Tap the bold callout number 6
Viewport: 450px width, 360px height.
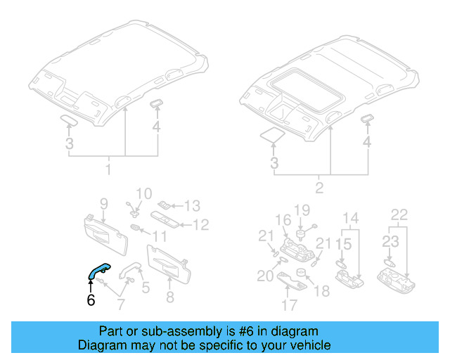(x=90, y=300)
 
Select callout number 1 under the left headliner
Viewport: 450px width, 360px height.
(x=108, y=170)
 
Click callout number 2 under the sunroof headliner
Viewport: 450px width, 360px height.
(x=320, y=187)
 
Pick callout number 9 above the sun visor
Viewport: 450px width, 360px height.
(x=103, y=204)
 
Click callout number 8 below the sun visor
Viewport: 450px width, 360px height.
(x=169, y=297)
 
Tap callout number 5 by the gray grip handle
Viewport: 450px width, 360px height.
(x=146, y=287)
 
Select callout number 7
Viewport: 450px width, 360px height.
(x=121, y=304)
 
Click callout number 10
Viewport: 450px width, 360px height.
(x=143, y=193)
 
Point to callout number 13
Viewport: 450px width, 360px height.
(x=192, y=206)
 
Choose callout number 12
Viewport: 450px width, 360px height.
(x=201, y=225)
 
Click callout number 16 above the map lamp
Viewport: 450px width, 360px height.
(x=283, y=219)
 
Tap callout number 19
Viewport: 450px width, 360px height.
(x=302, y=210)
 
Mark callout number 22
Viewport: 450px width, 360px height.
(x=399, y=214)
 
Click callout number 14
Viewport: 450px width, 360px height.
(x=350, y=217)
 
